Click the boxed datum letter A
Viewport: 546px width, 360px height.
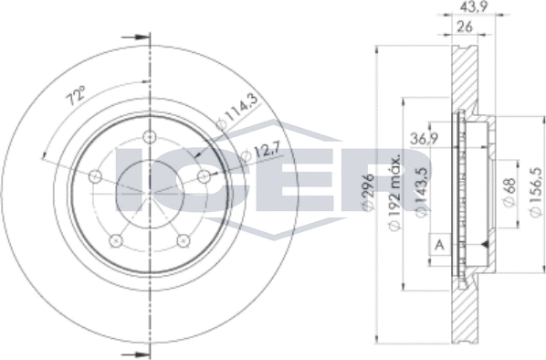click(x=440, y=245)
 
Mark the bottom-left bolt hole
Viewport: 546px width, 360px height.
click(x=115, y=240)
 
